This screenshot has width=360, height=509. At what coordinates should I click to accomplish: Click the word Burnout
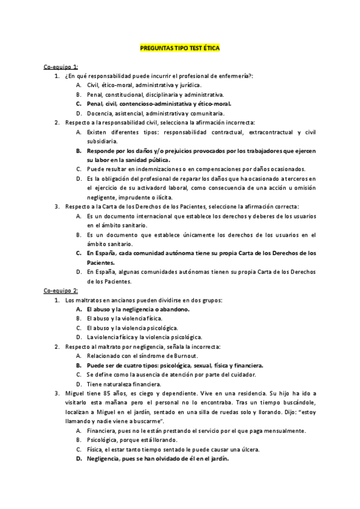(x=184, y=356)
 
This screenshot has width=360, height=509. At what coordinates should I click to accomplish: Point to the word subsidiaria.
(x=101, y=141)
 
